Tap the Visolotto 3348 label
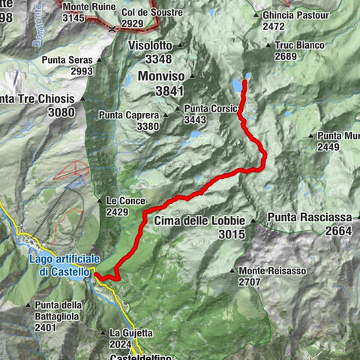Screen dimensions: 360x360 click(150, 52)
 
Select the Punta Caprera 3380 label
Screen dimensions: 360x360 click(129, 121)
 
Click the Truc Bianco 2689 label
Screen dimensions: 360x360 click(299, 50)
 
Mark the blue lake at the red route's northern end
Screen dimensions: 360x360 click(238, 85)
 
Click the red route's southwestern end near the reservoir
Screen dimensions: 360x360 click(96, 275)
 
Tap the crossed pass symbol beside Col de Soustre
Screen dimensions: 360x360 click(112, 28)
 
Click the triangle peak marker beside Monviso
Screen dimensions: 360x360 click(191, 76)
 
